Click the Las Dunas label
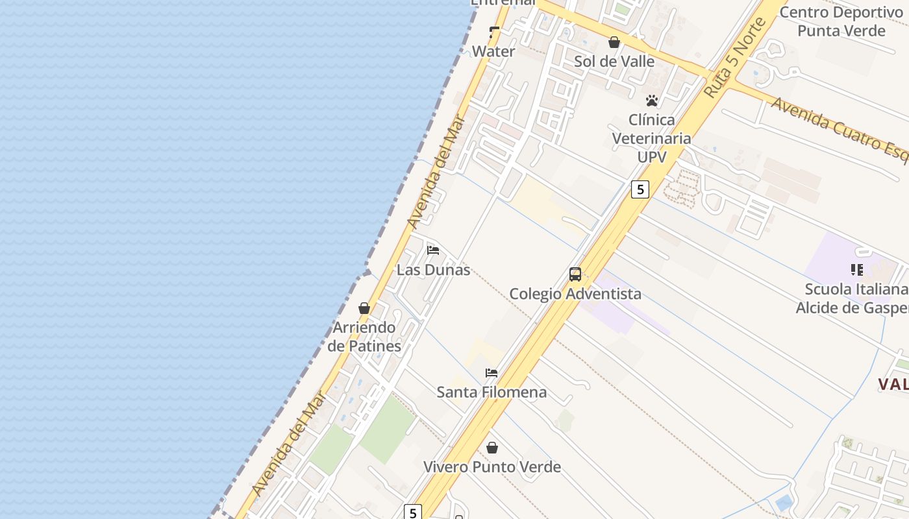click(x=433, y=270)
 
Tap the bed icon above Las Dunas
click(x=433, y=250)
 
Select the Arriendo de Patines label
click(x=364, y=337)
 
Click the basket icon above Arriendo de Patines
click(x=364, y=308)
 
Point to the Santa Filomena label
click(x=492, y=392)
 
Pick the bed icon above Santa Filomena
click(x=492, y=373)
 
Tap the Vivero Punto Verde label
click(x=492, y=467)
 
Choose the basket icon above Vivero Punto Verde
click(x=492, y=448)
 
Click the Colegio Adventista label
click(x=575, y=294)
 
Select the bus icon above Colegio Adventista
click(x=575, y=274)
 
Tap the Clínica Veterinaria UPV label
click(x=652, y=138)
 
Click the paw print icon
click(x=652, y=101)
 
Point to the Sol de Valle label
click(x=614, y=61)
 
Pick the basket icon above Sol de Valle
click(x=614, y=43)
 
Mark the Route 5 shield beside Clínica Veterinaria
click(x=640, y=189)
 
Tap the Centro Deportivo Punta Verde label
click(x=841, y=21)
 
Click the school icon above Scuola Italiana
click(x=857, y=270)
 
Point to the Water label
click(x=493, y=51)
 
